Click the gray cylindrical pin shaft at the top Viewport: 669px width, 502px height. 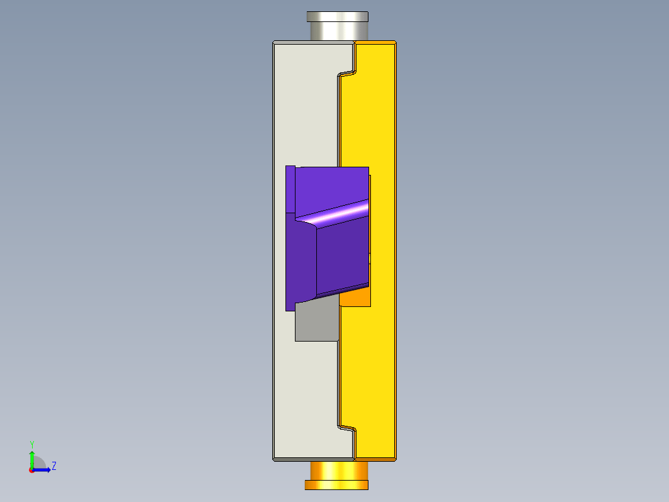[337, 31]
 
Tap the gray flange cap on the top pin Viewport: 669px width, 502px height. [337, 16]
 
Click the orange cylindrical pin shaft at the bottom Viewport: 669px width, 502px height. [337, 471]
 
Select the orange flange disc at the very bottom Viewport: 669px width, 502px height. [336, 485]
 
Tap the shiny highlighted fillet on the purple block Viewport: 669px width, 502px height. [337, 214]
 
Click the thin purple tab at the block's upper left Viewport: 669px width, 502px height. [290, 189]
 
